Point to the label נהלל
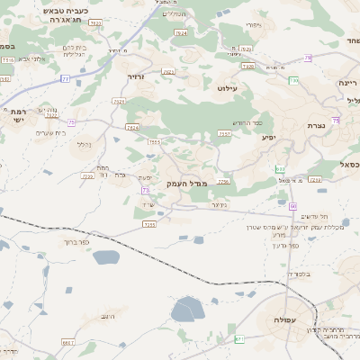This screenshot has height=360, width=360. pos(85,144)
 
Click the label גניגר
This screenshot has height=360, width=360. pos(218,204)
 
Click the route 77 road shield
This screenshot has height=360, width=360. pos(66,79)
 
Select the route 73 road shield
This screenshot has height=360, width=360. pos(146,191)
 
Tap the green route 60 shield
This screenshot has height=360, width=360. pos(293,206)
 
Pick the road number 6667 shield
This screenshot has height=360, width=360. pos(67,342)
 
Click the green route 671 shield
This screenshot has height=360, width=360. pos(239,338)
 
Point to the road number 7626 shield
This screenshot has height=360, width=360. pos(248,67)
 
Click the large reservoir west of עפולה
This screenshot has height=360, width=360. pos(188,310)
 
